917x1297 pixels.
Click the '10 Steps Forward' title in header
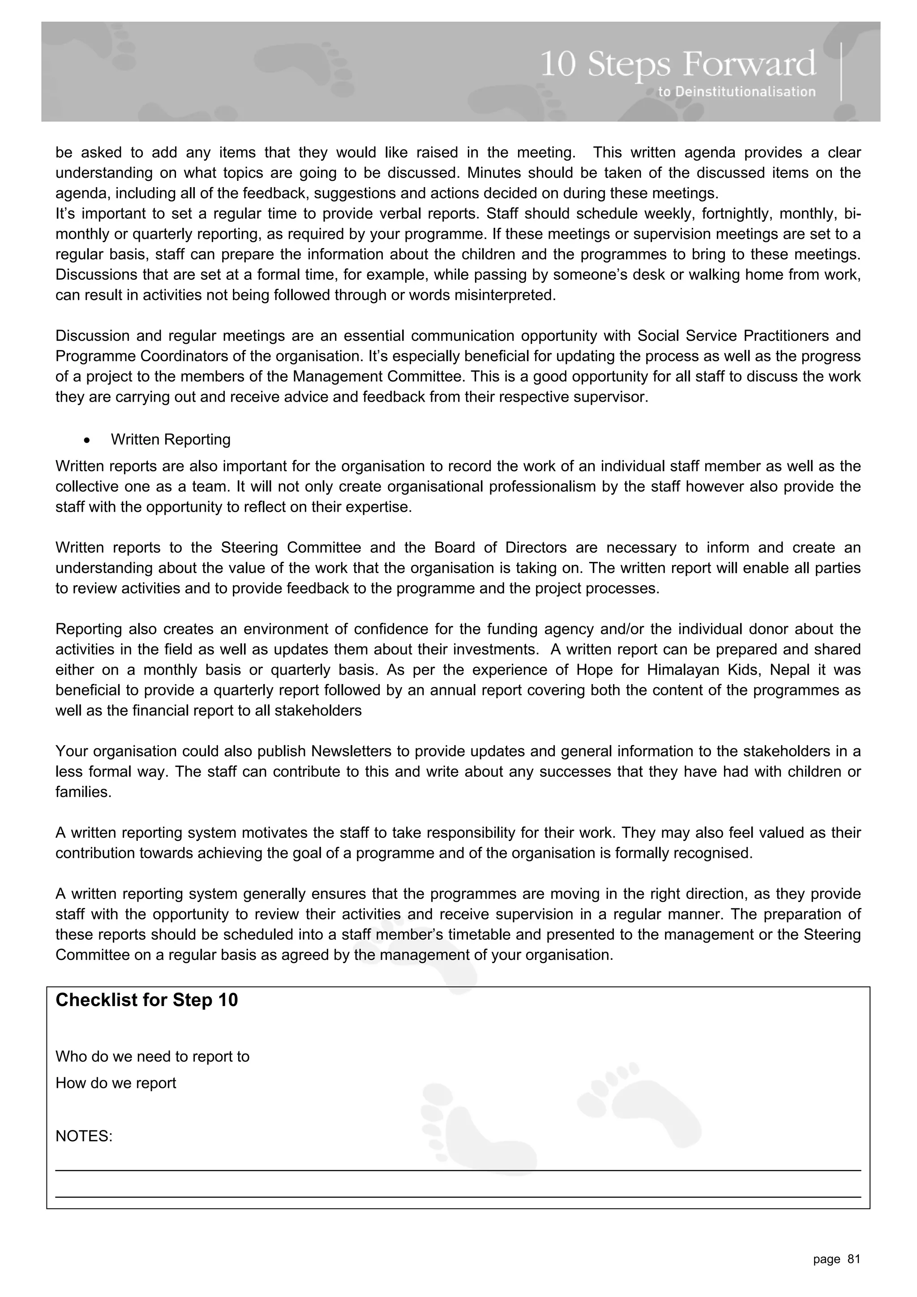677,64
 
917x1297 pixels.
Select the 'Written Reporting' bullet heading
171,440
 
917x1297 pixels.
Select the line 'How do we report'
116,1083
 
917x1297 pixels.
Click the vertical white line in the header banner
841,72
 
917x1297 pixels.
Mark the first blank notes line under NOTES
458,1170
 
